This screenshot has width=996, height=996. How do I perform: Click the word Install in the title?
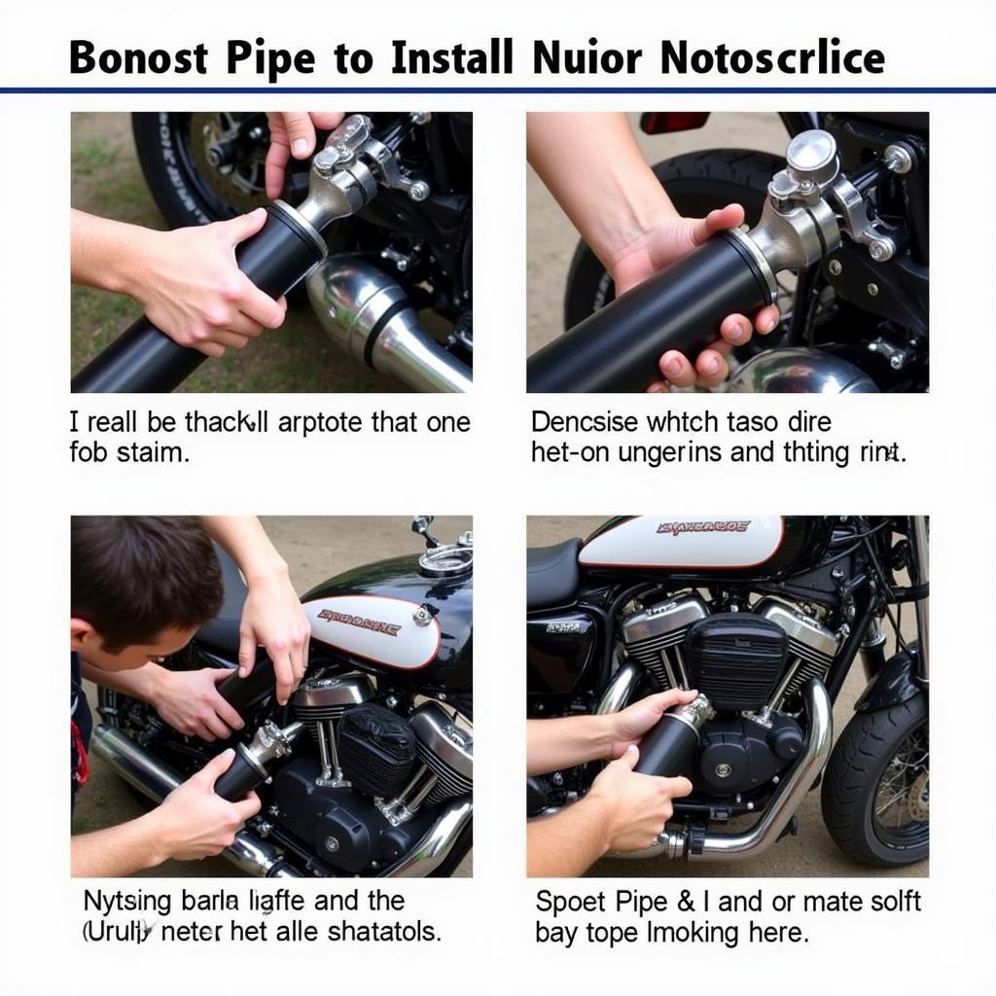tap(452, 58)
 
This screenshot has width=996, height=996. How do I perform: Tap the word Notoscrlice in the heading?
tap(772, 58)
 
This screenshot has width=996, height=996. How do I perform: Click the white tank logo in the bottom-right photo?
tap(681, 541)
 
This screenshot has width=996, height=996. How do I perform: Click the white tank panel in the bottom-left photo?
tap(370, 627)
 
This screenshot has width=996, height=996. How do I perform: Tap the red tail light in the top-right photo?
tap(674, 123)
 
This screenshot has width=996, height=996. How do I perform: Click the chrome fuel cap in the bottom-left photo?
tap(445, 557)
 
